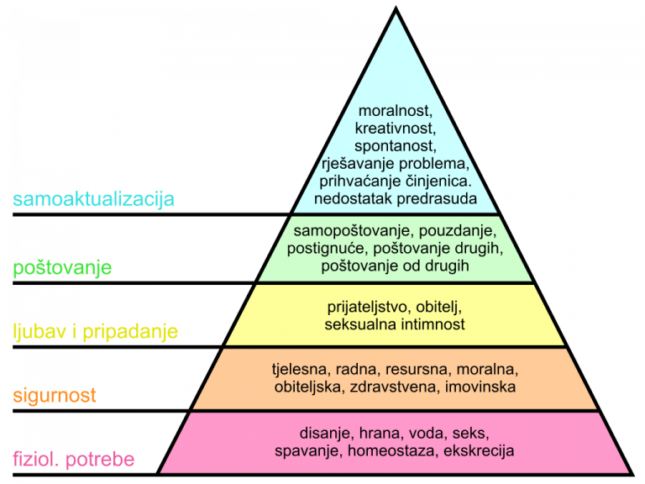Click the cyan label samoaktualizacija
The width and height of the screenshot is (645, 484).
93,200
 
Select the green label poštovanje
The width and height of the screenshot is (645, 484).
75,268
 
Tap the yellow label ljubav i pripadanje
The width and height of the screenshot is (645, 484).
95,331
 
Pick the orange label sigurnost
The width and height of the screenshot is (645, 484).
55,394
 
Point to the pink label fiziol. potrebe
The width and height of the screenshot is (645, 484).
74,460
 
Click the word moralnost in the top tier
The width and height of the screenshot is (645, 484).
395,111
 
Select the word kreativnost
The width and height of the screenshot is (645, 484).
395,129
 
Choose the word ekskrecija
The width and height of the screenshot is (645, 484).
480,451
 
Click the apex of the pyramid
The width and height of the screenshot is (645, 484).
395,15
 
